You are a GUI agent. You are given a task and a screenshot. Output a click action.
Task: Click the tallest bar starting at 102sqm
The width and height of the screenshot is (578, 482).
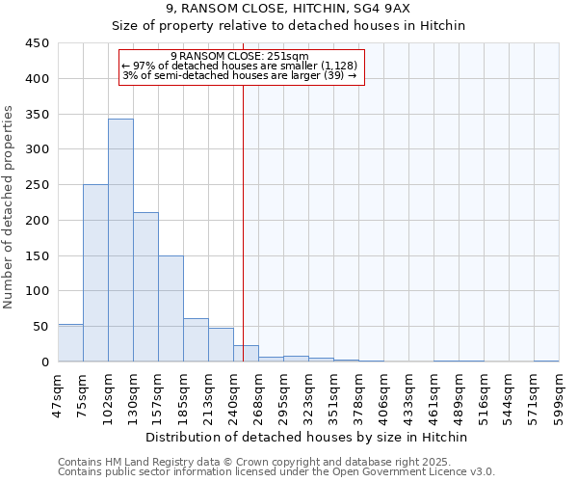coord(120,241)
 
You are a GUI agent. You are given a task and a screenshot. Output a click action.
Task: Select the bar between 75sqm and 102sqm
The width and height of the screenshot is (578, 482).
coord(95,274)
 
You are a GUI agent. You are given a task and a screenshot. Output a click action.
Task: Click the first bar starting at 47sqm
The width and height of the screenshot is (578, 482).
coord(70,343)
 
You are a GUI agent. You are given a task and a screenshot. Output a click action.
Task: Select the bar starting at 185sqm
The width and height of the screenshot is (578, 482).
coord(196,340)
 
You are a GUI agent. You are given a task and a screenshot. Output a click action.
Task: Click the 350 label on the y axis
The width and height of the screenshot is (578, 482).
coord(37,115)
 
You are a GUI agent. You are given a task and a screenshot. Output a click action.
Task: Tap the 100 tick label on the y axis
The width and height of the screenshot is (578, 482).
coord(37,291)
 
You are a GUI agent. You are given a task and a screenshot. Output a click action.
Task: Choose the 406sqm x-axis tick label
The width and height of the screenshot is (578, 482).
coord(383,396)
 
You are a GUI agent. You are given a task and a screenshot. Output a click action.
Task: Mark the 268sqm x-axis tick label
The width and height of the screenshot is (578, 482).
coord(258,396)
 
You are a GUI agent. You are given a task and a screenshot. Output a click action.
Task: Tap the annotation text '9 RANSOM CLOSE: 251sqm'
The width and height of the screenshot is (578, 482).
coord(239,56)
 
